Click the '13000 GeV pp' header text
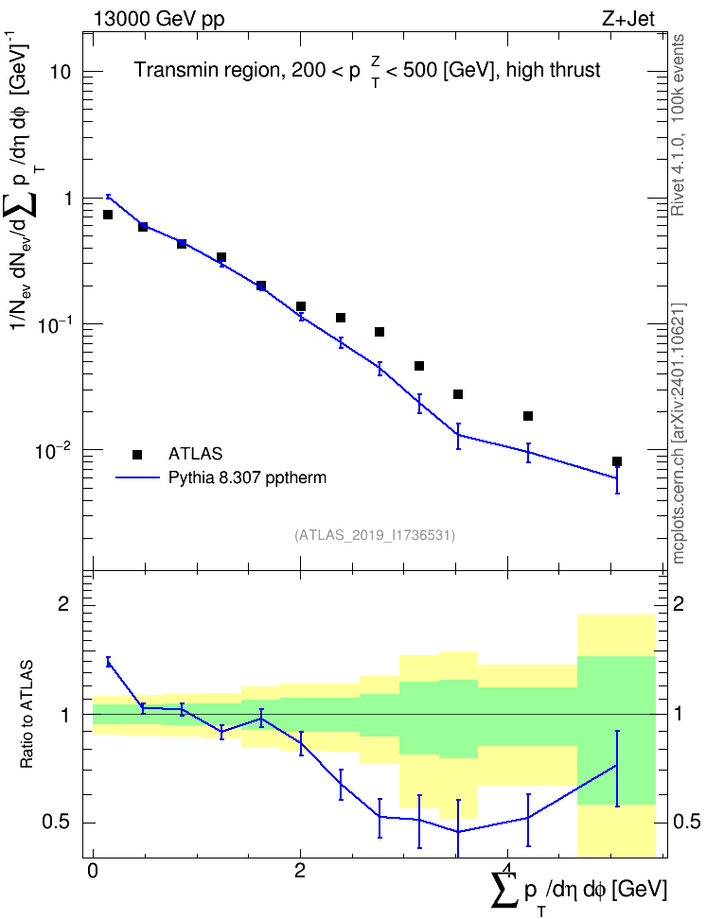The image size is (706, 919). (158, 19)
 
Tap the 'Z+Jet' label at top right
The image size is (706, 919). (628, 19)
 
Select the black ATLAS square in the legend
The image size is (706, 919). (137, 454)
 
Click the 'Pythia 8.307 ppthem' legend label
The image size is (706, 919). (247, 477)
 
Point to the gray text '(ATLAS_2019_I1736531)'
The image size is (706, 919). (375, 534)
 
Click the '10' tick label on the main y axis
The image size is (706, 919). (61, 73)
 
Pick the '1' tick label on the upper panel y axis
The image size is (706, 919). (67, 199)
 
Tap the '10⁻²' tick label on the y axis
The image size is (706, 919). (54, 451)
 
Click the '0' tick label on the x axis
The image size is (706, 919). (93, 870)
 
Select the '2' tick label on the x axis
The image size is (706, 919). (300, 870)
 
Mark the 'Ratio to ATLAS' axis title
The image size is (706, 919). (26, 713)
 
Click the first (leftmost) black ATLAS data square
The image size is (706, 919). (108, 215)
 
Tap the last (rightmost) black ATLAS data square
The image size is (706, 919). (617, 461)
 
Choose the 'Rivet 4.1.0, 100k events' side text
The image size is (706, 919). (679, 125)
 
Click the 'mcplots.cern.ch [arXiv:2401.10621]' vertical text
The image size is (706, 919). (679, 433)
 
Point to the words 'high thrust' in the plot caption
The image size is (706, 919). (553, 70)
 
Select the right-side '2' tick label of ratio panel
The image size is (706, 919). (679, 604)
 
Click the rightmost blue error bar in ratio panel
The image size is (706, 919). (617, 769)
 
